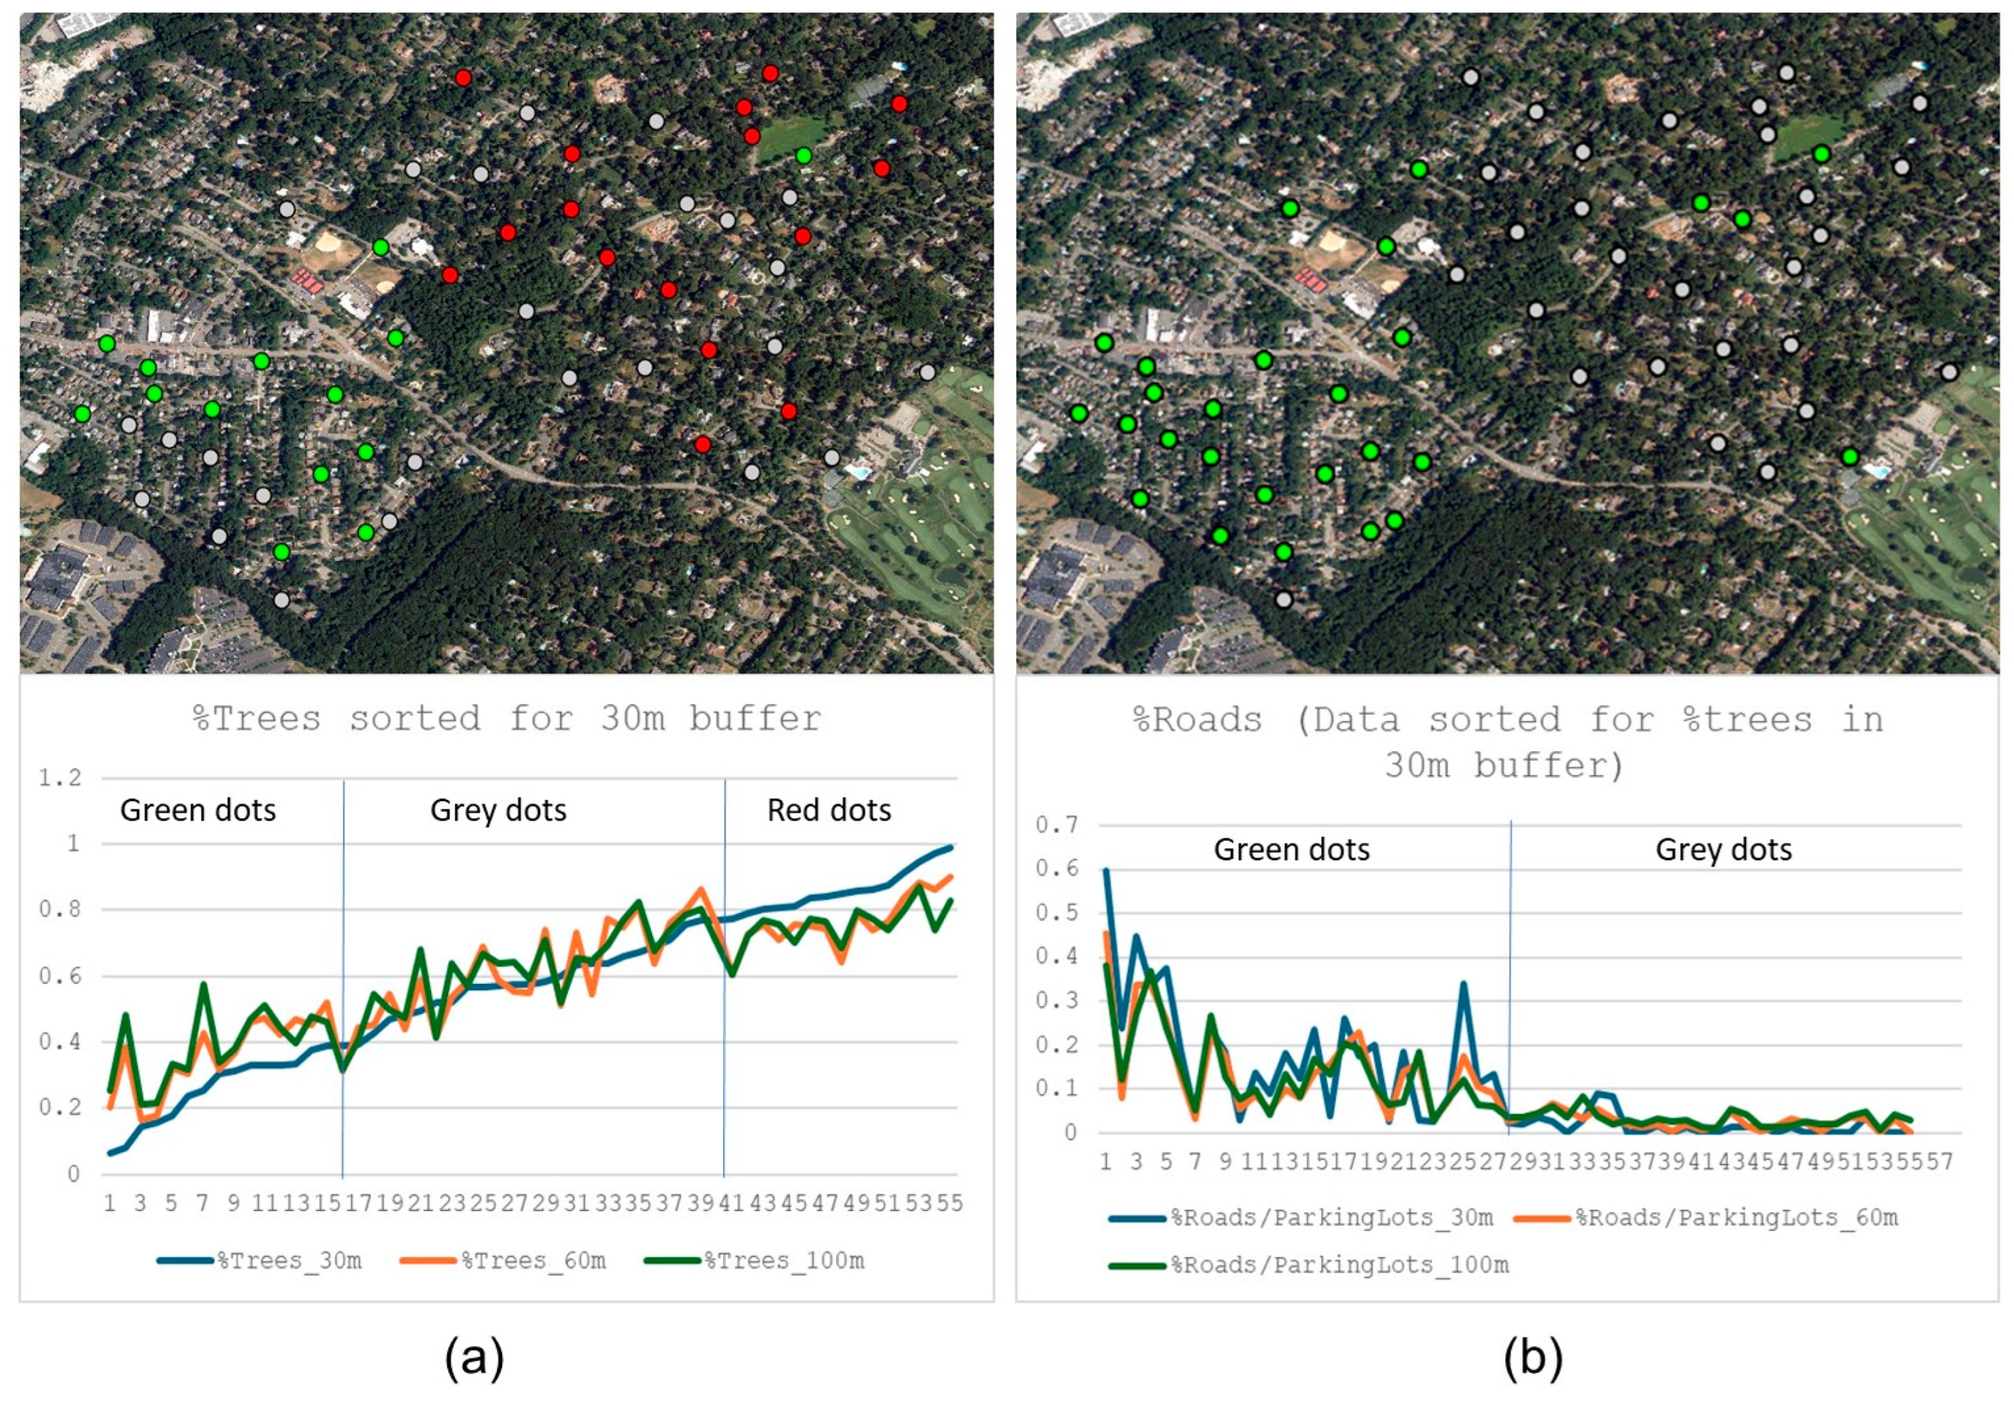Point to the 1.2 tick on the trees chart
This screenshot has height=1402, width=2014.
(x=60, y=778)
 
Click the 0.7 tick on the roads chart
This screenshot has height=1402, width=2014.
(x=1056, y=825)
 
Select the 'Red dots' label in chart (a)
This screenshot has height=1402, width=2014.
(x=829, y=810)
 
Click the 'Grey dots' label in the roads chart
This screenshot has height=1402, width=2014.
(x=1723, y=850)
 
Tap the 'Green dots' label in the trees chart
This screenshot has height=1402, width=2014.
(x=198, y=810)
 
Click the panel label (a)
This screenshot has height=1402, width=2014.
(x=474, y=1358)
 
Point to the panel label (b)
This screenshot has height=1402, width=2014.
(x=1532, y=1358)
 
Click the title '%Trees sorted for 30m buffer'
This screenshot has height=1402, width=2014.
(x=507, y=719)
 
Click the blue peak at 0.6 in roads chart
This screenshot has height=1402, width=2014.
(x=1106, y=870)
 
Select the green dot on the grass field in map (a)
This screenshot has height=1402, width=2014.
(x=803, y=156)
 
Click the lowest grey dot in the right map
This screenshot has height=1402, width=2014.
(x=1284, y=600)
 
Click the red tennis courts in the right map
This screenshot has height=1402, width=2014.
(x=1309, y=280)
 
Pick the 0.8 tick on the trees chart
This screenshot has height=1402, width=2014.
(x=60, y=909)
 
